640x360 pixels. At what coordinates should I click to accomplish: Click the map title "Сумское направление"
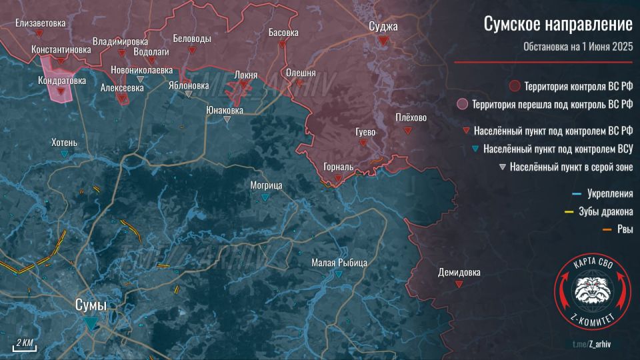(x=557, y=26)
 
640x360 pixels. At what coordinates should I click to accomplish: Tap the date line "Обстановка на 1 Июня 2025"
(x=577, y=47)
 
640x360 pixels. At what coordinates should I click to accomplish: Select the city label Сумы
(x=90, y=305)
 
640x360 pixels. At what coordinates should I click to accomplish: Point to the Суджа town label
(x=383, y=27)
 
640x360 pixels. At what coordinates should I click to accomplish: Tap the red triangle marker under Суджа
(x=383, y=41)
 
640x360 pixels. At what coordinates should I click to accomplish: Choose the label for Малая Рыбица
(x=339, y=263)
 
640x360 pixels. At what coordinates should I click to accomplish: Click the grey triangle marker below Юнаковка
(x=228, y=119)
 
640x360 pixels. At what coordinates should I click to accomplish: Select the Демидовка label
(x=459, y=272)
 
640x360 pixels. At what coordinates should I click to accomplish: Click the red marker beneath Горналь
(x=339, y=178)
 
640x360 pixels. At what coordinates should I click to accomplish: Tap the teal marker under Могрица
(x=266, y=197)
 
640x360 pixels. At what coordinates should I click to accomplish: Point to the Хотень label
(x=64, y=142)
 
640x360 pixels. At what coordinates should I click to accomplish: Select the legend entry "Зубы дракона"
(x=609, y=212)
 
